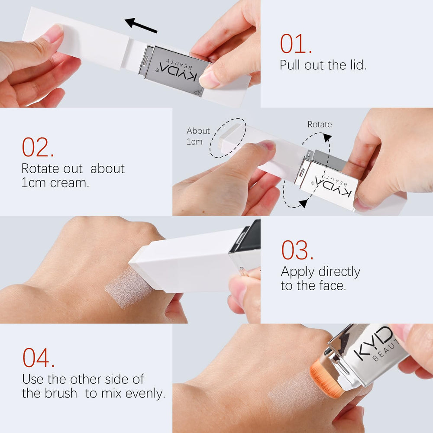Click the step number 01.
[x=296, y=44]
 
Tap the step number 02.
[x=38, y=147]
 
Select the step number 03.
[x=297, y=250]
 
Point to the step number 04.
[x=39, y=358]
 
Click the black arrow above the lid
[x=141, y=26]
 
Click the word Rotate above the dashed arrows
[x=320, y=124]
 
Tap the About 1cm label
[x=198, y=136]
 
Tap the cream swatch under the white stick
[x=128, y=287]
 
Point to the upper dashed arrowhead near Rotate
[x=327, y=138]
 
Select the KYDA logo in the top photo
[x=178, y=71]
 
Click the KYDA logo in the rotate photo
[x=333, y=185]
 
